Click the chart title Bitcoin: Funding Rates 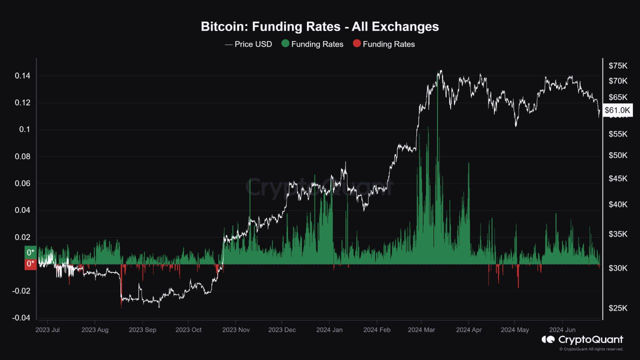tap(319, 26)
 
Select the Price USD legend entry tap(249, 44)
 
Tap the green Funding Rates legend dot tap(285, 44)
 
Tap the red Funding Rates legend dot tap(356, 44)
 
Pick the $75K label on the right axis tap(618, 65)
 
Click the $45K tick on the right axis tap(618, 178)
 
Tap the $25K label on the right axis tap(618, 308)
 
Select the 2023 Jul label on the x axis tap(48, 330)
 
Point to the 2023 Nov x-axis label tap(235, 330)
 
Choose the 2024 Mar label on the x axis tap(421, 330)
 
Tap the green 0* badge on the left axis tap(30, 252)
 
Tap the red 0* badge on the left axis tap(30, 264)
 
